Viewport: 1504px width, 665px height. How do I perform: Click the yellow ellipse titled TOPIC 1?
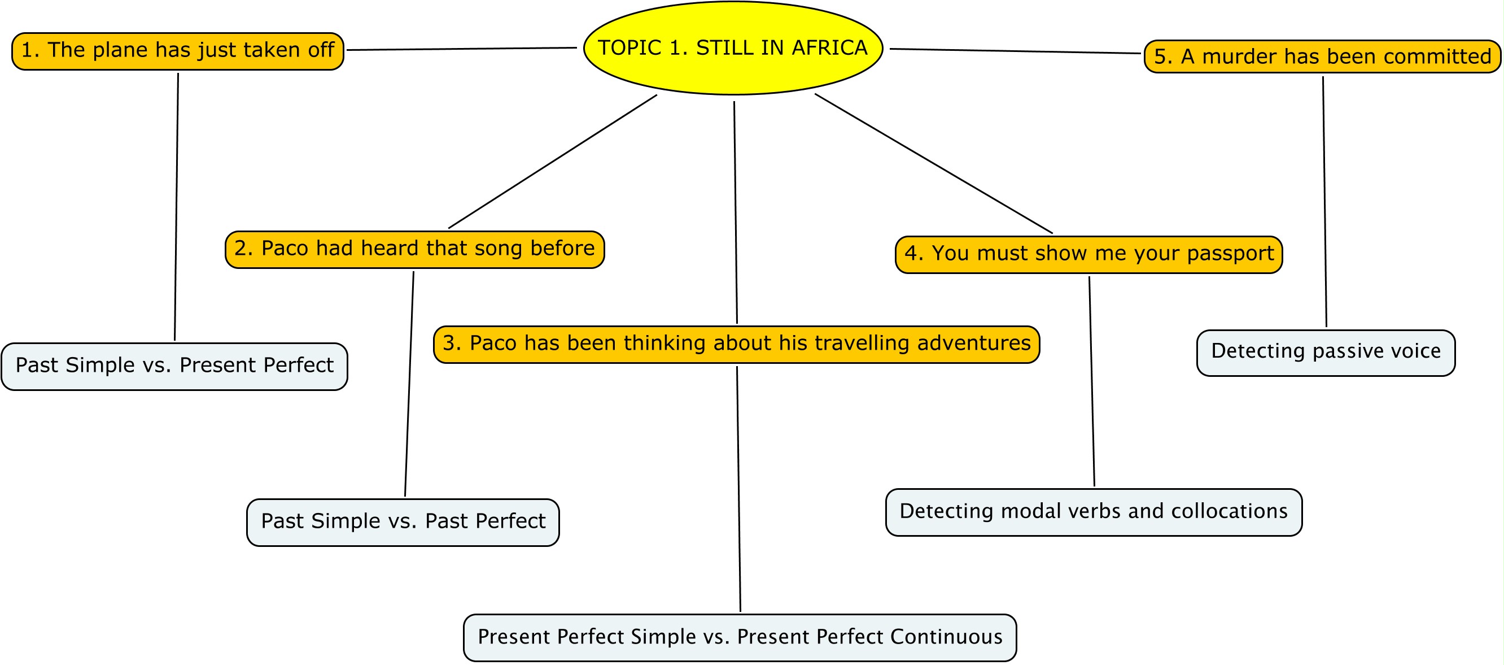pyautogui.click(x=733, y=48)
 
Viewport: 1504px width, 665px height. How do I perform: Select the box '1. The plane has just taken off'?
pyautogui.click(x=178, y=51)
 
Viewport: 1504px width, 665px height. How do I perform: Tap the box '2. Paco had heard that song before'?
pyautogui.click(x=414, y=250)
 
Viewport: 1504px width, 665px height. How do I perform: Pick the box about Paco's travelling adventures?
pyautogui.click(x=736, y=345)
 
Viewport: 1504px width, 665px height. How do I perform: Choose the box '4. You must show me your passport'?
pyautogui.click(x=1089, y=255)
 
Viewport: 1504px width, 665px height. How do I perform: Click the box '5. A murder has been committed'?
pyautogui.click(x=1322, y=56)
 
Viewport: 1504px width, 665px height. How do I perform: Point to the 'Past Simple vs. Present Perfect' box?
pyautogui.click(x=174, y=366)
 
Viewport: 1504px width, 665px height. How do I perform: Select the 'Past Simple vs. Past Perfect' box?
pyautogui.click(x=403, y=523)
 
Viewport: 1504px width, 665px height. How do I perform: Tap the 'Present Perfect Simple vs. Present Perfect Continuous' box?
pyautogui.click(x=740, y=637)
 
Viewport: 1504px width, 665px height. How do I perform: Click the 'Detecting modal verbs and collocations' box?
pyautogui.click(x=1094, y=512)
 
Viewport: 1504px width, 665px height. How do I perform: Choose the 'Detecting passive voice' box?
pyautogui.click(x=1326, y=353)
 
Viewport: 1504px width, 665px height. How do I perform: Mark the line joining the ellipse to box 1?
pyautogui.click(x=462, y=49)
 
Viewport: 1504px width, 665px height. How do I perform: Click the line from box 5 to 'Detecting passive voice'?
pyautogui.click(x=1325, y=202)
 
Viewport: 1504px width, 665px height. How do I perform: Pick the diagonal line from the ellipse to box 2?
pyautogui.click(x=552, y=161)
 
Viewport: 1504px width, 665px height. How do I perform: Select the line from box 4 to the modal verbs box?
pyautogui.click(x=1092, y=381)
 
